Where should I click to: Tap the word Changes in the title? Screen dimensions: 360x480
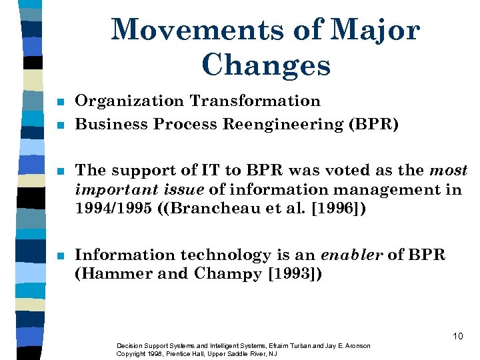[x=265, y=65]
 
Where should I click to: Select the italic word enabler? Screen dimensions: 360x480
[x=354, y=255]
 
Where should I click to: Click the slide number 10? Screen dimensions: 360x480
[x=457, y=336]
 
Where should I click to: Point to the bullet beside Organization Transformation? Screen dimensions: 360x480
[x=60, y=103]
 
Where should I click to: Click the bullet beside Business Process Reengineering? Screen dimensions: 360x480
[x=60, y=125]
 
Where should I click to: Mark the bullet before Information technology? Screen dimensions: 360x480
[x=60, y=256]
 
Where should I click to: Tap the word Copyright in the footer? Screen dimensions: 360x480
[x=131, y=353]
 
